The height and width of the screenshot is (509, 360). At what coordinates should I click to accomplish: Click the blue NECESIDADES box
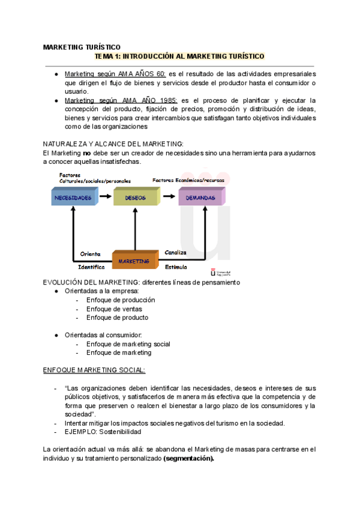click(x=73, y=197)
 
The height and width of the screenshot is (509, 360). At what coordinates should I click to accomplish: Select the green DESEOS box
click(x=136, y=197)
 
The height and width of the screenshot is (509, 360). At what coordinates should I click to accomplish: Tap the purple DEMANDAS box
click(x=200, y=197)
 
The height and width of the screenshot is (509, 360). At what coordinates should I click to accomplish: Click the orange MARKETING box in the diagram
click(x=134, y=261)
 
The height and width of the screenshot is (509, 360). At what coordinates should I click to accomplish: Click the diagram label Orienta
click(x=90, y=253)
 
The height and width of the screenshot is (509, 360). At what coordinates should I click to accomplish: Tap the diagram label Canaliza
click(x=175, y=252)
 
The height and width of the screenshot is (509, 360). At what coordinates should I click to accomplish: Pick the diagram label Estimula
click(x=176, y=267)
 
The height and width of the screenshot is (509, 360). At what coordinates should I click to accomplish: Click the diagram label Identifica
click(x=91, y=267)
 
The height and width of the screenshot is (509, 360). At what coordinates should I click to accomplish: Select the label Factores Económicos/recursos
click(x=185, y=180)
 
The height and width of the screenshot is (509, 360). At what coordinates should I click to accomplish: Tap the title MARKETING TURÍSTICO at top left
click(x=82, y=47)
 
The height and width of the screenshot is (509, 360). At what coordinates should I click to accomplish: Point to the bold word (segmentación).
click(x=188, y=458)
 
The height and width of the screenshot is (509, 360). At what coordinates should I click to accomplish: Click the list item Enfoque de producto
click(x=117, y=318)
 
